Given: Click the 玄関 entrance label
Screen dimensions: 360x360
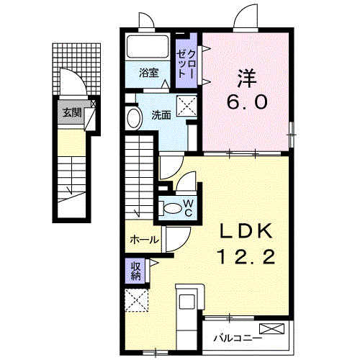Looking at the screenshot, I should [71, 112].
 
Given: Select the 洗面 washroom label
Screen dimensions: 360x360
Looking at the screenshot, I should [161, 114].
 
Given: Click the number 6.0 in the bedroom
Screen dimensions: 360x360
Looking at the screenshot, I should [249, 102].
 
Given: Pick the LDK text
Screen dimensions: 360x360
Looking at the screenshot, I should [246, 230].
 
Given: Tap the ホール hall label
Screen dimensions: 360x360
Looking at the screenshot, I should [144, 240].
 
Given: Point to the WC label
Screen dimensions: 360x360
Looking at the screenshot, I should [187, 208].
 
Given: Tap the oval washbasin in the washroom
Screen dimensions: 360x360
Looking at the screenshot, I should [132, 118].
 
